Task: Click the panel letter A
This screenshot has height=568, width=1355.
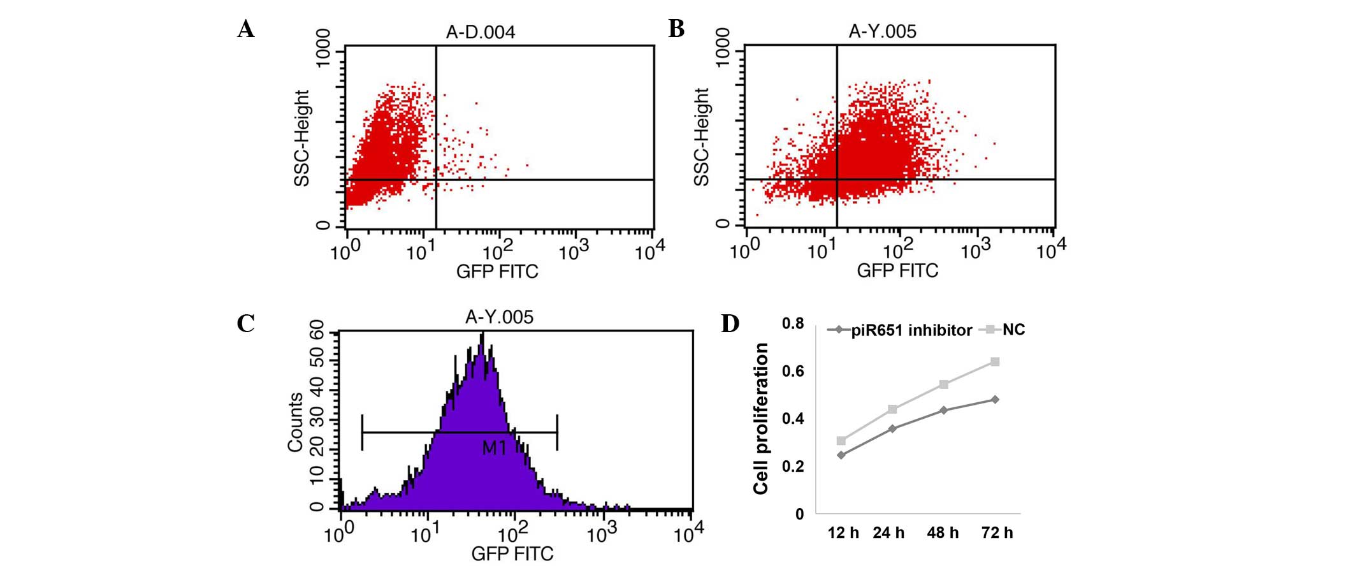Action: point(246,29)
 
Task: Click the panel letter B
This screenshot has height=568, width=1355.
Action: point(676,29)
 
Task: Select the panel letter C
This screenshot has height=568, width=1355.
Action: point(245,323)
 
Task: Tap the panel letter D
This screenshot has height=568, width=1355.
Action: point(730,323)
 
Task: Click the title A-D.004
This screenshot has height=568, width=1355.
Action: point(480,32)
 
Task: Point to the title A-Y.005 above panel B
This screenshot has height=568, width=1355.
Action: point(882,31)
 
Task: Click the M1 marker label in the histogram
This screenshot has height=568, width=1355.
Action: point(494,448)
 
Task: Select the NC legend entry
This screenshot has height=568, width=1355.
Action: point(1013,330)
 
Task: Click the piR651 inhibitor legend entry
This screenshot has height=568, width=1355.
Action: point(911,330)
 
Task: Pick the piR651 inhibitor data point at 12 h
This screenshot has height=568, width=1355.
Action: point(841,455)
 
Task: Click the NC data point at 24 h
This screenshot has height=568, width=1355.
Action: point(892,409)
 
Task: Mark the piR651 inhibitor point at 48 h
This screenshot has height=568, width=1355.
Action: point(944,410)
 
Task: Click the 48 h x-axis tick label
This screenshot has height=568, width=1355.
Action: point(943,533)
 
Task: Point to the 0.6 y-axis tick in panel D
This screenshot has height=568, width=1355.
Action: point(793,371)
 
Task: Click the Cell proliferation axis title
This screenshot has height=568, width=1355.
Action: point(761,418)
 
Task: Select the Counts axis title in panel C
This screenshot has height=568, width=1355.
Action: point(295,422)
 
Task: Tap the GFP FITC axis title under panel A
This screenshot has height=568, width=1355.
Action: point(497,272)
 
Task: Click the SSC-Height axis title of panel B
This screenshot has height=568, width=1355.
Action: point(701,137)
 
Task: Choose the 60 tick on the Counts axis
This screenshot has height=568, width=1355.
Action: point(317,331)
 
